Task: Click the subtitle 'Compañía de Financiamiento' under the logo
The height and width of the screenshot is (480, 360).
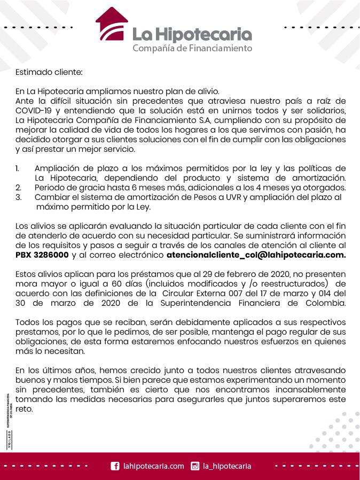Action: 192,49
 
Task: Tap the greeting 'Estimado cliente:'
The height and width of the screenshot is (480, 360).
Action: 49,72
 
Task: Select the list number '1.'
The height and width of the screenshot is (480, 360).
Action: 18,169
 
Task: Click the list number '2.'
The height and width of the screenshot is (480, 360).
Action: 18,188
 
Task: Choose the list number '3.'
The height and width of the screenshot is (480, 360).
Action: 18,197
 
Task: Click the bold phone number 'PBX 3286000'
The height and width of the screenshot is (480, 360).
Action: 42,255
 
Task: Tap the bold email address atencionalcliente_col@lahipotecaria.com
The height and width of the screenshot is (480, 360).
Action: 256,255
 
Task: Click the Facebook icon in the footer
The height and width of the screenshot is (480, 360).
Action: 115,466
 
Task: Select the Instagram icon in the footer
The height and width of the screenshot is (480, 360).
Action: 195,466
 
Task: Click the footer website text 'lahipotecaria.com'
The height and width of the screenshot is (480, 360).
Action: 153,466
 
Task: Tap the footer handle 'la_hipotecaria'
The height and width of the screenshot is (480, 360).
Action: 227,466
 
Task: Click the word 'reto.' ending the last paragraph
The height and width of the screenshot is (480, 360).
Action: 25,409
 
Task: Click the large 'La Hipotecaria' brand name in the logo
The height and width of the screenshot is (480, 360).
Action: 192,34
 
